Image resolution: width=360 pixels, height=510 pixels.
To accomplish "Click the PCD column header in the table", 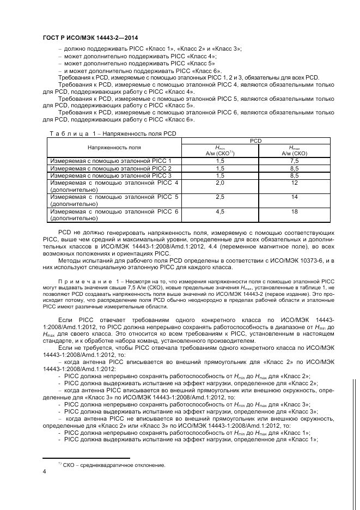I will [255, 141].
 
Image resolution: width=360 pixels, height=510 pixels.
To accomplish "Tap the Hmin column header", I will [220, 150].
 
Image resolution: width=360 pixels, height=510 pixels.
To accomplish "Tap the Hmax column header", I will [294, 150].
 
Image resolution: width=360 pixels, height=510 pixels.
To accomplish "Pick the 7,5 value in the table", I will [294, 161].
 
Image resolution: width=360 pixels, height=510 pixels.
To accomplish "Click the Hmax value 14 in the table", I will [294, 197].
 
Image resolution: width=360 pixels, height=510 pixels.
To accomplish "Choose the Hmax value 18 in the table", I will [294, 211].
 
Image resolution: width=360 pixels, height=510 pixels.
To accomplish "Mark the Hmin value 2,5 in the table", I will [220, 197].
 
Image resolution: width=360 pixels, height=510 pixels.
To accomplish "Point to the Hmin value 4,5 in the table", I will [220, 211].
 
